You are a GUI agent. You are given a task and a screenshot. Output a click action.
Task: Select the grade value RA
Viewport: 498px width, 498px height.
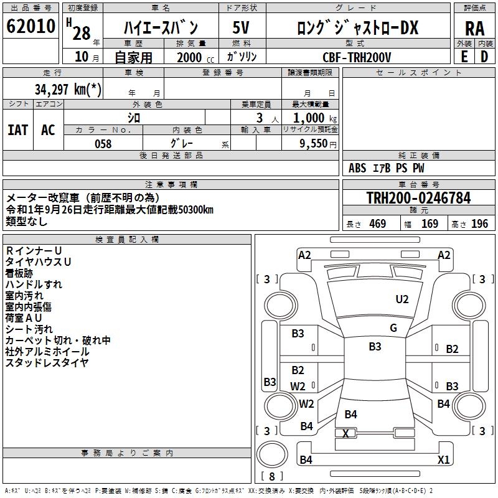click(x=474, y=28)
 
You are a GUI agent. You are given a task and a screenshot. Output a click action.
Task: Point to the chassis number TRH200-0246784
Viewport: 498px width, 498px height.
click(x=418, y=198)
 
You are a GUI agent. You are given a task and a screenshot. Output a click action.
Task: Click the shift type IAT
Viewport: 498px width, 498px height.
click(x=17, y=130)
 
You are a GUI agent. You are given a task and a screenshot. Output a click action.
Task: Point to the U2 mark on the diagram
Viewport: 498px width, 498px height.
click(x=402, y=299)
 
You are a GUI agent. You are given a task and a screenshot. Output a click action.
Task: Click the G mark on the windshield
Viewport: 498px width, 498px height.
click(x=393, y=328)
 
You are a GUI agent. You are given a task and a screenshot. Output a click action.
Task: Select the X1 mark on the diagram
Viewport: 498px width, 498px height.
click(x=443, y=460)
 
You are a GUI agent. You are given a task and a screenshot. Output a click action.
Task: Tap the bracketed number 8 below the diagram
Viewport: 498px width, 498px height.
click(x=271, y=476)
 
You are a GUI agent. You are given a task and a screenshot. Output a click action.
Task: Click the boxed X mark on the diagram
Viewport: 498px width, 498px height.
click(x=345, y=433)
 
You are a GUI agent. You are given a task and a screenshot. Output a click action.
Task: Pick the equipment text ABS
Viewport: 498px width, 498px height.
click(x=357, y=168)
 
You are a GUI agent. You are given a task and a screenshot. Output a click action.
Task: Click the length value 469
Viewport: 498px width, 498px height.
click(x=377, y=224)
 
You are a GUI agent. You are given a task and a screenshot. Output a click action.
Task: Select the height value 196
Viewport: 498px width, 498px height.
click(x=479, y=224)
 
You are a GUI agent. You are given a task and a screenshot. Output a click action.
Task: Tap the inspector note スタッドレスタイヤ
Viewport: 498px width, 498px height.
click(x=47, y=362)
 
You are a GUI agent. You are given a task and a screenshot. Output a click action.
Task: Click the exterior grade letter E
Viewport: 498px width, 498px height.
click(x=464, y=57)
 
